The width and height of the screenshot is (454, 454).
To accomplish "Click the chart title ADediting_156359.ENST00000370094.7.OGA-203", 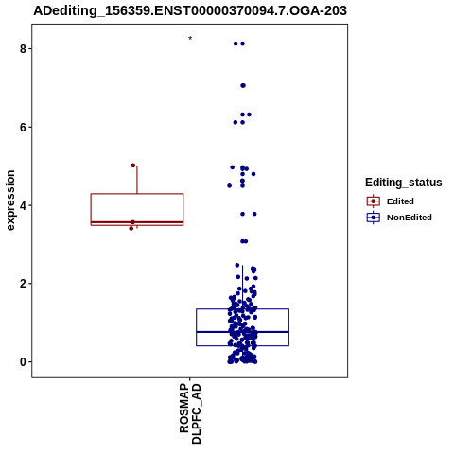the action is click(190, 10).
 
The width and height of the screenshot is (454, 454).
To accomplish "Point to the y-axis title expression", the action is click(10, 201).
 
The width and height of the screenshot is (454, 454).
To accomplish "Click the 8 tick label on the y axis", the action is click(23, 49).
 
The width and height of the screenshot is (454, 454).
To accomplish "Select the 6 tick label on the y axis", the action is click(23, 127).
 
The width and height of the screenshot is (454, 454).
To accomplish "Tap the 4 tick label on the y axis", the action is click(23, 205).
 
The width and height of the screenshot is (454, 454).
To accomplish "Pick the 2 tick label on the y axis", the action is click(23, 284).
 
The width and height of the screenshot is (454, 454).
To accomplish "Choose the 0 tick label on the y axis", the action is click(23, 362).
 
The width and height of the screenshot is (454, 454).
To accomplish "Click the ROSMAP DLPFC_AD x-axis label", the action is click(190, 413).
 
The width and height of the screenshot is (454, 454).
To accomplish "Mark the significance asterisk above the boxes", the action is click(190, 38).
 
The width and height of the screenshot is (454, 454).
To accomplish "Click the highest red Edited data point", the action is click(133, 166).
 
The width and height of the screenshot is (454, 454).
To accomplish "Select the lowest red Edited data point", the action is click(131, 228).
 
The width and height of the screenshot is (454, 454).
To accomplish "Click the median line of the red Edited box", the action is click(137, 222).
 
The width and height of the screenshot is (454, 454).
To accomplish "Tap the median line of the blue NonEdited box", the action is click(242, 332).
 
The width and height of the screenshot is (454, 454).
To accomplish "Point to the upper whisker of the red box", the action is click(137, 180).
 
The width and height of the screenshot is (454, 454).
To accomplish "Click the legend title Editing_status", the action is click(404, 183).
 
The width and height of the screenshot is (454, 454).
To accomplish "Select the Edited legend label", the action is click(400, 201).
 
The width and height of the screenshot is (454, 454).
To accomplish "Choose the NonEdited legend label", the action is click(410, 218).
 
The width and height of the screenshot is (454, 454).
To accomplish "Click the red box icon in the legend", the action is click(374, 201).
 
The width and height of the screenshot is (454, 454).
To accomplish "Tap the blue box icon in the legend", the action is click(374, 218).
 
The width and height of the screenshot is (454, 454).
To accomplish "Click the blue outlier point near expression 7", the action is click(243, 85).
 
